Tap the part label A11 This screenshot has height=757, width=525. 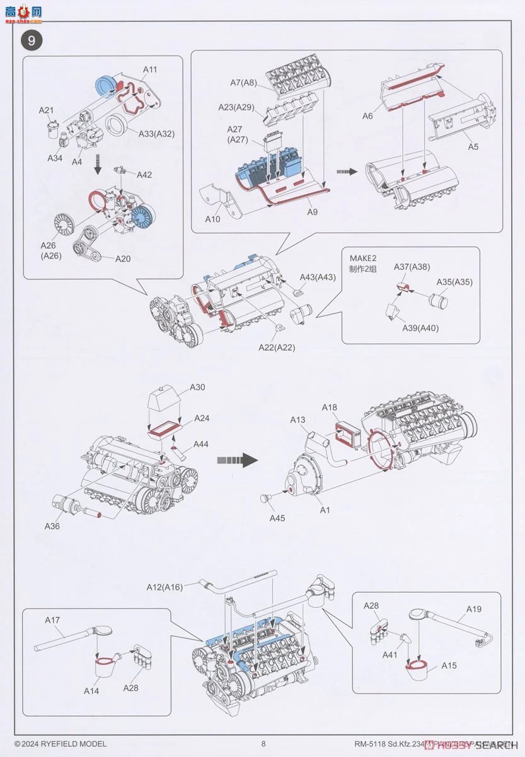[x=150, y=69]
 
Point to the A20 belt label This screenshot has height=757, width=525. [x=123, y=259]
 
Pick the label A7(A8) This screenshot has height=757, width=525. [x=243, y=83]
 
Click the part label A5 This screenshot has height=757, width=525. [x=473, y=146]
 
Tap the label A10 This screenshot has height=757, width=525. [x=213, y=219]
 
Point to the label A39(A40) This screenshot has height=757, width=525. [x=420, y=328]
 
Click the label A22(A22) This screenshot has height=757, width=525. [x=276, y=348]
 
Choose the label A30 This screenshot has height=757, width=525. [x=197, y=387]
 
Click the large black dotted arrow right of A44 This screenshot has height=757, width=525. [x=238, y=460]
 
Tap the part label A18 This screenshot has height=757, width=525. [x=329, y=408]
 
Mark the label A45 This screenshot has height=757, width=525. [x=277, y=518]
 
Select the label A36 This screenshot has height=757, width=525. [x=52, y=525]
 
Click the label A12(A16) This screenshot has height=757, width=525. [x=164, y=587]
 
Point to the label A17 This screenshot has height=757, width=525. [x=52, y=620]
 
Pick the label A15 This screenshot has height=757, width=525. [x=449, y=666]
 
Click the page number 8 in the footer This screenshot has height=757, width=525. [x=263, y=744]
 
